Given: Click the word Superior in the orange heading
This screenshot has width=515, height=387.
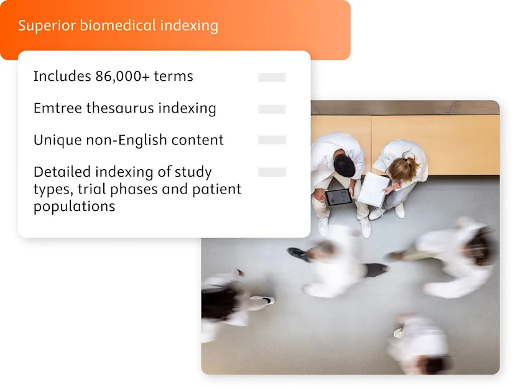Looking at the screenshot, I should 40,26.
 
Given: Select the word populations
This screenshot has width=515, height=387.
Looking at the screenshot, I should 74,207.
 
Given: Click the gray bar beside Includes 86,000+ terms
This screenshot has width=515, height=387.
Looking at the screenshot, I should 272,77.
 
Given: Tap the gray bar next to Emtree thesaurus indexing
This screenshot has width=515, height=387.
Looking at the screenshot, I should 272,109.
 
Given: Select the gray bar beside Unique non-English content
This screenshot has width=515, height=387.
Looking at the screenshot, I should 272,140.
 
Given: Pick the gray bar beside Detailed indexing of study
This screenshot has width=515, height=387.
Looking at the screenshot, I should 272,172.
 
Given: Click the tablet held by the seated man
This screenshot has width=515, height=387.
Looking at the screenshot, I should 339,197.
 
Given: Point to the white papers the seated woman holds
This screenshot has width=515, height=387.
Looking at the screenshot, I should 374,189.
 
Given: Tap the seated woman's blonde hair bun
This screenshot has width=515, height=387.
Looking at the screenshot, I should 412,163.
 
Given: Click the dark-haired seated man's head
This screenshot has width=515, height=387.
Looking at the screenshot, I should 344,166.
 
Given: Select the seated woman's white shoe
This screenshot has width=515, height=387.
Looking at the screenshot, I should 376,213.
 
